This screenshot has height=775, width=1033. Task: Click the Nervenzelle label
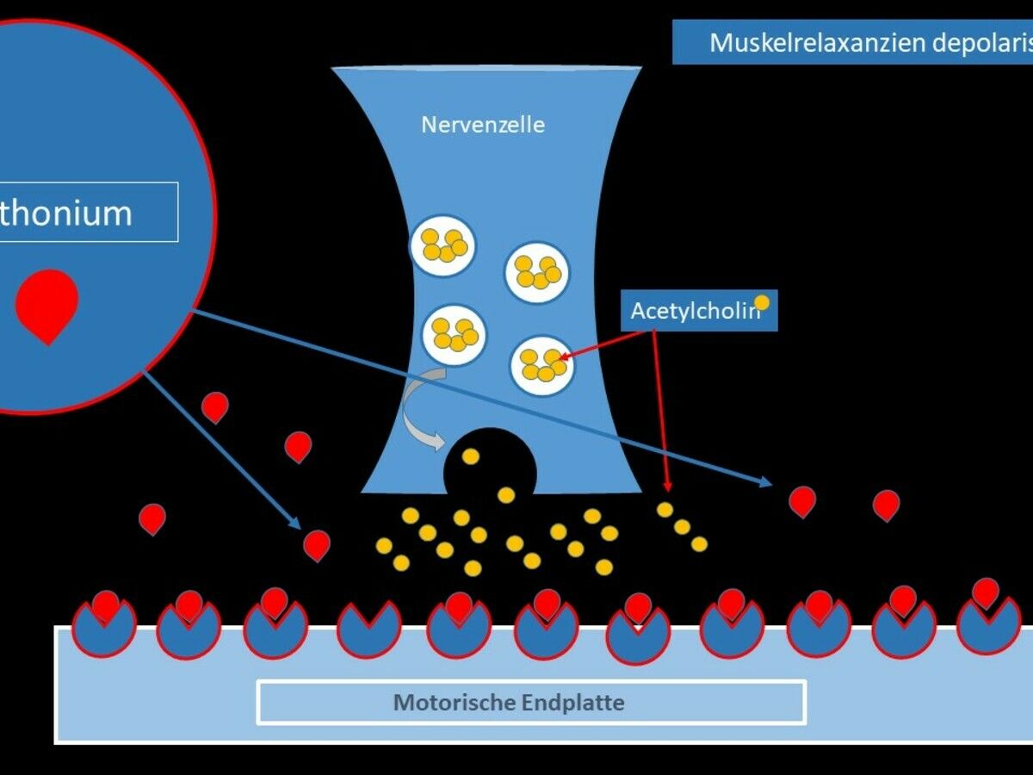click(482, 125)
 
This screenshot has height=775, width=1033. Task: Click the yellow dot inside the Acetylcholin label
click(761, 302)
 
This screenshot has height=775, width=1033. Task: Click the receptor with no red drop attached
click(368, 629)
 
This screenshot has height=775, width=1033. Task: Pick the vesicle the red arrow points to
click(542, 365)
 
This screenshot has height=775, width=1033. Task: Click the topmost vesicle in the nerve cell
click(442, 245)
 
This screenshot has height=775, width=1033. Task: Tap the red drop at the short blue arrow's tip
click(317, 544)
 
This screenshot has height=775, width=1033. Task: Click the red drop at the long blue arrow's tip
click(801, 500)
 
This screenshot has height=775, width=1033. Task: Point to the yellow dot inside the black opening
click(470, 456)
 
